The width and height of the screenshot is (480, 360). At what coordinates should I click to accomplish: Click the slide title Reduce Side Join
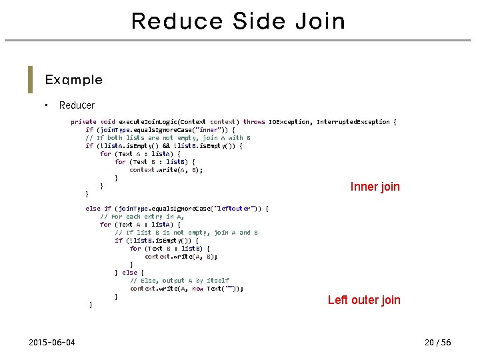coord(239,21)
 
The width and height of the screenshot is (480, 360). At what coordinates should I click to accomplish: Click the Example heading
coord(73,80)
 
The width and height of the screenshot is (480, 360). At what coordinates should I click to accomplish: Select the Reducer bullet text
coord(77,105)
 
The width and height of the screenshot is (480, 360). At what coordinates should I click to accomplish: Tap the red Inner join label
coord(375,187)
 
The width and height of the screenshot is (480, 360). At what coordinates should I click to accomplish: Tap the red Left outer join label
coord(364,300)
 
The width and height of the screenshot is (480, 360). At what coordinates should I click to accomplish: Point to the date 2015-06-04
coord(52,343)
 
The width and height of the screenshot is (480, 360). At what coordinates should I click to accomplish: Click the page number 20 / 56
coord(437,343)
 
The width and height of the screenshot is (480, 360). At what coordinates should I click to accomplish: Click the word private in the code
coord(83,122)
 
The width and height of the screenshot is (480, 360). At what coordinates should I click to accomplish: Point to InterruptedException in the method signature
coord(353,122)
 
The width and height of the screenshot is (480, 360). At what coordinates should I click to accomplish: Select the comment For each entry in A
coord(141,217)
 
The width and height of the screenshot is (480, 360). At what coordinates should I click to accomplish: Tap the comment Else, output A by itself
coord(179,281)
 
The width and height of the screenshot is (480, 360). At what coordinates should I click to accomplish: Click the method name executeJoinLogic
coord(147,122)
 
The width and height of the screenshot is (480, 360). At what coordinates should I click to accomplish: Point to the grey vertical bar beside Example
coord(30,79)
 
